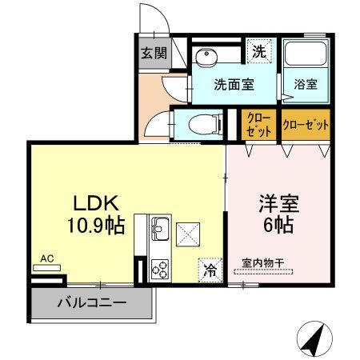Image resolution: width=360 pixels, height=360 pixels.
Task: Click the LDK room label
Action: pyautogui.click(x=94, y=201)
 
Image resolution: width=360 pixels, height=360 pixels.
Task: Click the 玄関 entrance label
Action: pyautogui.click(x=154, y=54)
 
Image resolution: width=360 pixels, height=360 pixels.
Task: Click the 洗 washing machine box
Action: pyautogui.click(x=259, y=51)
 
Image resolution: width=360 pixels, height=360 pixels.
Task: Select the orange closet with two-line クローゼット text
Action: pyautogui.click(x=258, y=125)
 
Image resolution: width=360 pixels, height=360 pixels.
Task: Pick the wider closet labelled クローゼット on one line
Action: pyautogui.click(x=306, y=125)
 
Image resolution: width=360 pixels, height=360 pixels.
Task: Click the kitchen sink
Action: pyautogui.click(x=157, y=231)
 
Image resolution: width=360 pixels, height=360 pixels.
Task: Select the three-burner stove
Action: pyautogui.click(x=158, y=269)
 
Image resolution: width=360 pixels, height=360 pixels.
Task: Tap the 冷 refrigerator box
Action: pyautogui.click(x=210, y=270)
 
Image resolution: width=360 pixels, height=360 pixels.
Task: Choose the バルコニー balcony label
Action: pyautogui.click(x=92, y=304)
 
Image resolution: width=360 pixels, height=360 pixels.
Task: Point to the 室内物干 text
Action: pyautogui.click(x=263, y=261)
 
